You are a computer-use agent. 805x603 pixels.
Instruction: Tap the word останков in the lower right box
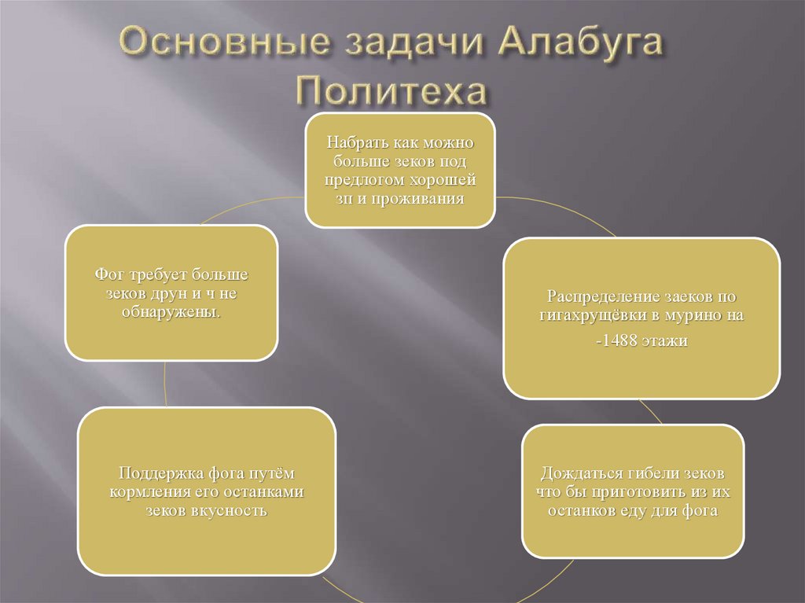579,511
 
